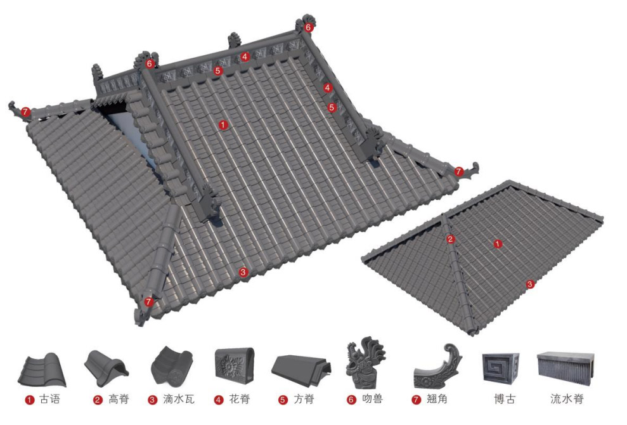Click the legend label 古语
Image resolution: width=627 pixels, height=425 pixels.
[x=49, y=399]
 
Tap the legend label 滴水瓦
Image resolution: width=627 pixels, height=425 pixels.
[x=179, y=399]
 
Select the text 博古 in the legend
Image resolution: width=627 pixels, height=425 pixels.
[x=505, y=399]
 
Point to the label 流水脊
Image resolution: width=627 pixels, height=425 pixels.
[x=567, y=399]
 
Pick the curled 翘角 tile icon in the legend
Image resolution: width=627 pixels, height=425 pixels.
[x=437, y=366]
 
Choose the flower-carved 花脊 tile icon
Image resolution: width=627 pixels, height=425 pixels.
[x=235, y=364]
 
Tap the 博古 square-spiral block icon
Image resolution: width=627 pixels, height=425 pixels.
[x=501, y=367]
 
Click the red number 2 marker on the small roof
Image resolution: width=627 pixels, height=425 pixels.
[x=451, y=239]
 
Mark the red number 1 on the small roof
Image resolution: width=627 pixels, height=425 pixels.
[x=498, y=244]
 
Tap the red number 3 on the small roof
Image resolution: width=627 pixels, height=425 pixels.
[x=530, y=285]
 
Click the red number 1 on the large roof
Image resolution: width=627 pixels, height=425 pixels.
[x=223, y=125]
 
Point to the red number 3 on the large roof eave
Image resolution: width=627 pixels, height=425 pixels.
[x=243, y=273]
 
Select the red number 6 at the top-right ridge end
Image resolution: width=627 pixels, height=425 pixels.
[x=308, y=28]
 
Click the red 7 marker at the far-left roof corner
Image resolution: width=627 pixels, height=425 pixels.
[x=25, y=112]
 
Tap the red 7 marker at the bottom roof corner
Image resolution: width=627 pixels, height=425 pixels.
[x=149, y=302]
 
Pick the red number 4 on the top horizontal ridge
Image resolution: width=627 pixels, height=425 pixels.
[x=245, y=57]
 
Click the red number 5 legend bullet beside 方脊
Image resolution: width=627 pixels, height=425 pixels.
[x=283, y=400]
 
